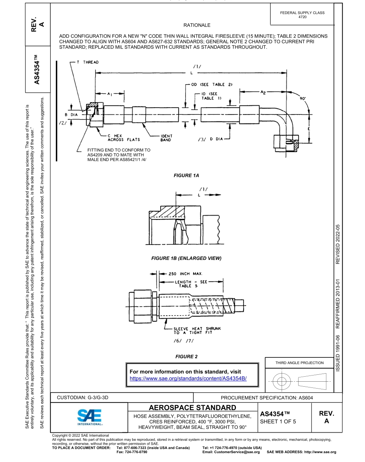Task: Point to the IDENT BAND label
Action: point(166,138)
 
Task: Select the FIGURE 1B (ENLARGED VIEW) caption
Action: point(186,258)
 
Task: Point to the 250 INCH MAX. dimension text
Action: point(186,274)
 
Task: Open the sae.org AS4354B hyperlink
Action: point(188,378)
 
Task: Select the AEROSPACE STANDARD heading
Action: point(192,407)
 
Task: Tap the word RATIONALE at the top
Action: point(197,25)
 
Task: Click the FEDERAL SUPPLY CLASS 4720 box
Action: point(302,15)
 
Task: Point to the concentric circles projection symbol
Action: point(282,381)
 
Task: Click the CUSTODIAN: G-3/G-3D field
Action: point(83,397)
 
